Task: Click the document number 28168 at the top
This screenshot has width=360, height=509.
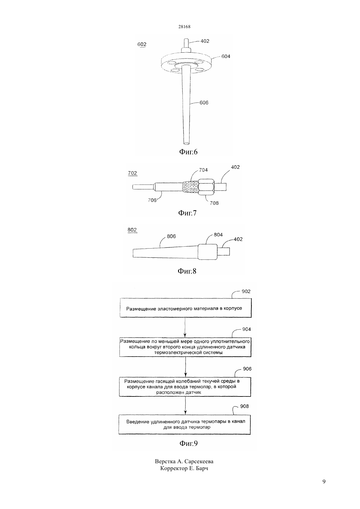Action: [184, 26]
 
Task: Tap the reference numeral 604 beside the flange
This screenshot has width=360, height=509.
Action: [226, 56]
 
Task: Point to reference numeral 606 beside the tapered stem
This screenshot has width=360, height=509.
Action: [204, 103]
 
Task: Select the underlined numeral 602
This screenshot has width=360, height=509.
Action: [142, 44]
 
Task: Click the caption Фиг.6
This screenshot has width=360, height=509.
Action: [189, 152]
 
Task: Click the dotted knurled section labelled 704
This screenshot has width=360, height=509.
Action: [190, 188]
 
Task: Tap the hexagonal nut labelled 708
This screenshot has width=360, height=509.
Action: [206, 187]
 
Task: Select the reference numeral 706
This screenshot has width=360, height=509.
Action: [152, 200]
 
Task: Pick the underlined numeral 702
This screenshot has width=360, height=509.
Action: [133, 173]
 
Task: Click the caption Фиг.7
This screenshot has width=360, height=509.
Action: [187, 213]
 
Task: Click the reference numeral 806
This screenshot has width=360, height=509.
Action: [171, 236]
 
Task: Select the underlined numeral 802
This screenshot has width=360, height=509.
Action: [132, 230]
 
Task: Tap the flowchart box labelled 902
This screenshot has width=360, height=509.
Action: [186, 308]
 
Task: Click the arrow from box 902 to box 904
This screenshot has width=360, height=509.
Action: [185, 327]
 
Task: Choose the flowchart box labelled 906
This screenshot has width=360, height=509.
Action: [185, 387]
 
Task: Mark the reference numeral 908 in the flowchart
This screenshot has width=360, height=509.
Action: [244, 406]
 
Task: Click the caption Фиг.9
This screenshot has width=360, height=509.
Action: [189, 443]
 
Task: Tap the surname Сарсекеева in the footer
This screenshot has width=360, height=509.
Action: [199, 461]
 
